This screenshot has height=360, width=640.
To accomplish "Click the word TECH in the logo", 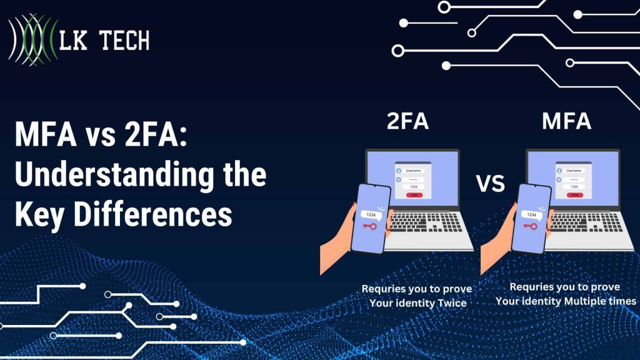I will coord(122,41).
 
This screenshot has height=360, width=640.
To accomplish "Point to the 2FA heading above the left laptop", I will coord(407,121).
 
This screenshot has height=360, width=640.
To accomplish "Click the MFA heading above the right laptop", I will coord(566,121).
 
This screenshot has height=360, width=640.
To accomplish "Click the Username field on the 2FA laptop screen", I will coord(414,170).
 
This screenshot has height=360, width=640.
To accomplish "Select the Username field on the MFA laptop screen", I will coord(573,170).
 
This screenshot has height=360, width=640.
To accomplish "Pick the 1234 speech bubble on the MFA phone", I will coord(531,214).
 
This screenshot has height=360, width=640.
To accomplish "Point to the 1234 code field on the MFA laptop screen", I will coord(573,186).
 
